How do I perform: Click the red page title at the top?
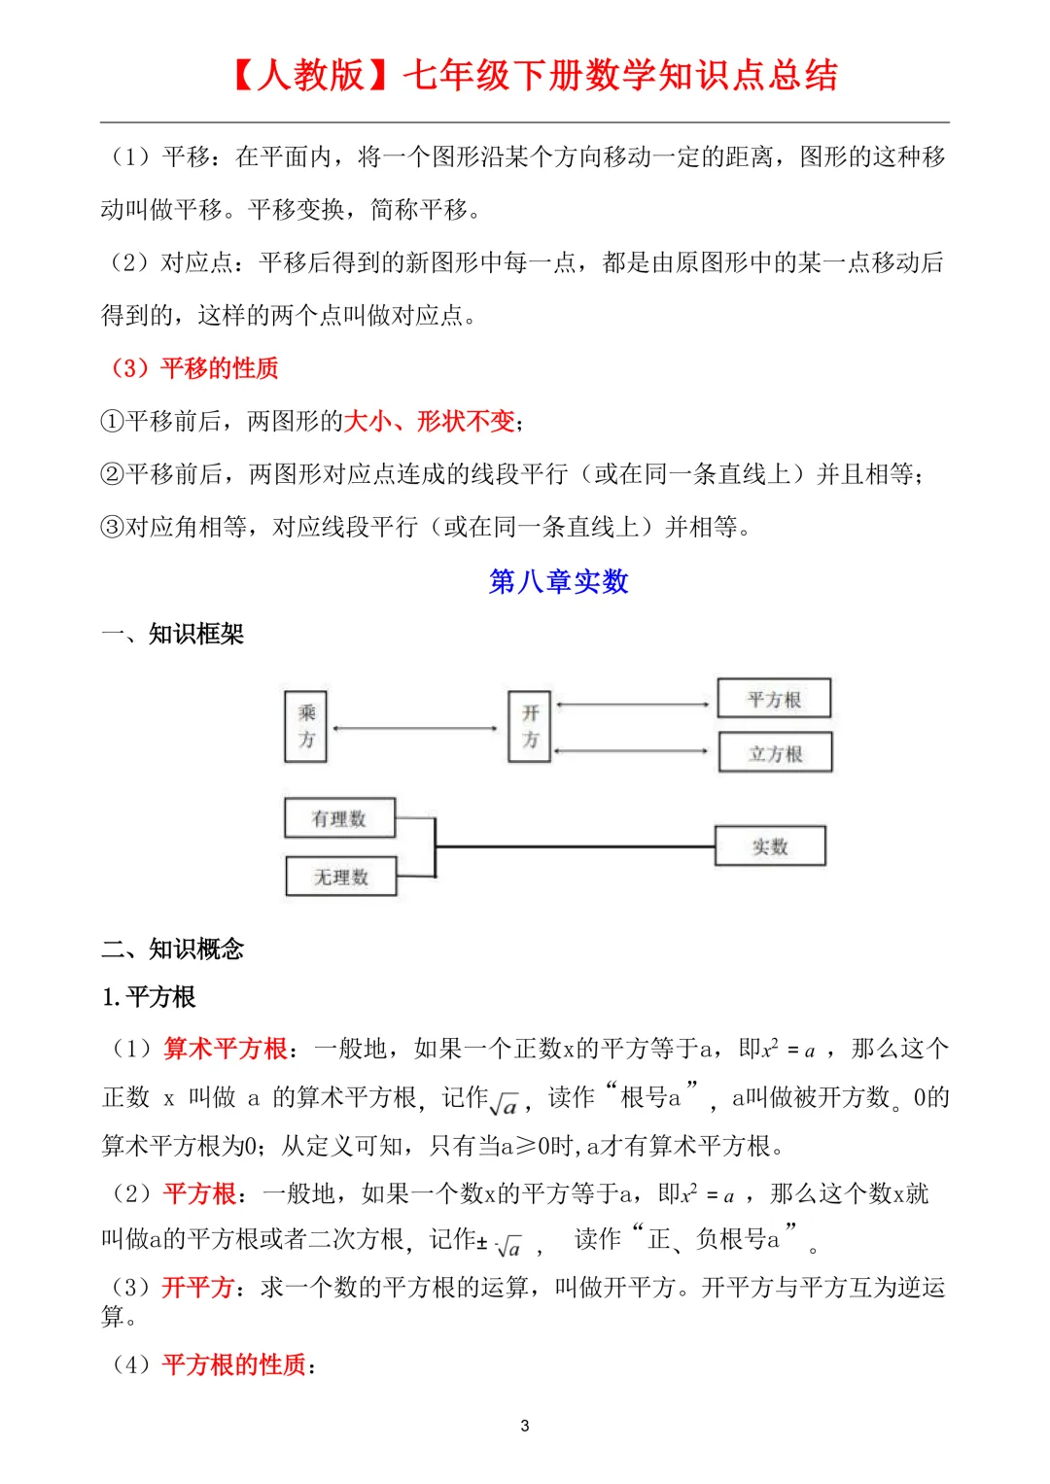pos(535,76)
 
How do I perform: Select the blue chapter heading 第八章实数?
pos(558,581)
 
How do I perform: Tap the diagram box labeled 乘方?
pos(305,726)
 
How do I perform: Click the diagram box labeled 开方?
pos(530,726)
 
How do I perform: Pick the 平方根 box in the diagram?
pos(774,699)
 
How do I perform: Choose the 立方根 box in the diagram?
pos(775,753)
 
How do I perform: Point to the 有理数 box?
pos(339,818)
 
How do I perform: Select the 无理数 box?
pos(340,877)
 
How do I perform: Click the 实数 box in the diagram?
pos(770,846)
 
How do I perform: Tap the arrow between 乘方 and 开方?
pos(416,728)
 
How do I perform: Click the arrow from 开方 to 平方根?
pos(633,704)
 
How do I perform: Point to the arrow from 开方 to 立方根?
pos(633,750)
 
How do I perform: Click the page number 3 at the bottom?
pos(525,1426)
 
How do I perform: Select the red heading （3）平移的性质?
pos(194,368)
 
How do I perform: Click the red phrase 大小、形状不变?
pos(429,421)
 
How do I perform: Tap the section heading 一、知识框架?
pos(173,634)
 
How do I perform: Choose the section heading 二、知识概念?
pos(173,949)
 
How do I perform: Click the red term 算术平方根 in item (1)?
pos(226,1049)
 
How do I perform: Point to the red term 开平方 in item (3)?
pos(198,1287)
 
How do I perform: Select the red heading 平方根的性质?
pos(234,1364)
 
